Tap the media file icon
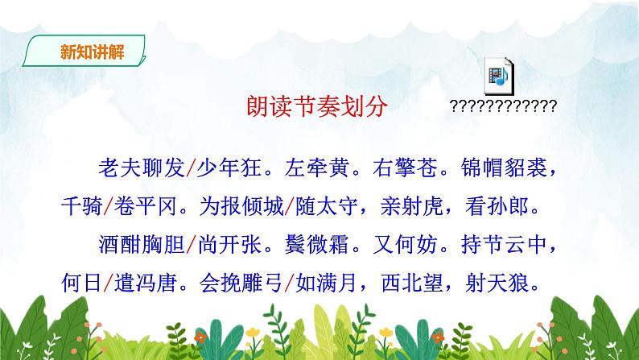500,76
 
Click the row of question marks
504,106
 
